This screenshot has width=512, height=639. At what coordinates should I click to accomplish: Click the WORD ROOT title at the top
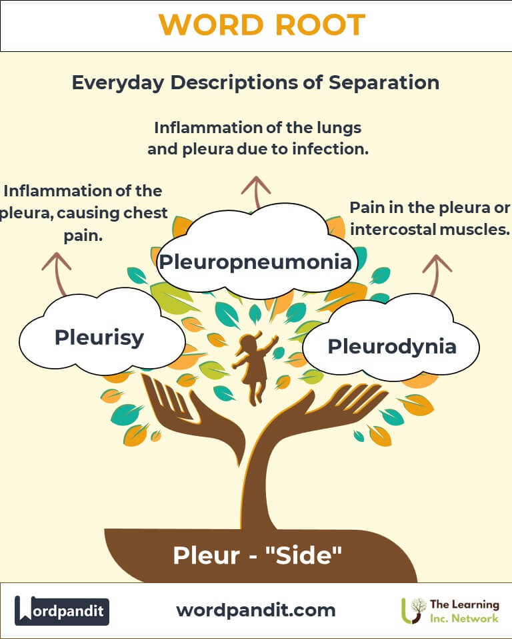click(x=261, y=25)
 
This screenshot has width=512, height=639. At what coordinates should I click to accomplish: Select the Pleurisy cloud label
click(x=99, y=337)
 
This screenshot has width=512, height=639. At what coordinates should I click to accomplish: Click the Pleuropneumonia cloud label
click(x=255, y=261)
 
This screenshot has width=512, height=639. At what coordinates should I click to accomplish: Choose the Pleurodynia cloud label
click(x=392, y=346)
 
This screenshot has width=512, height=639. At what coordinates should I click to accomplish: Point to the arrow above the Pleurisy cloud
click(x=57, y=273)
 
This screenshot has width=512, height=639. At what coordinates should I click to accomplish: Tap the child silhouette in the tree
click(x=253, y=367)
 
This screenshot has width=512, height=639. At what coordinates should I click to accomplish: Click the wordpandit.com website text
click(x=255, y=610)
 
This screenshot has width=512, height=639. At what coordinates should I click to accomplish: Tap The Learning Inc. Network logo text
click(x=464, y=610)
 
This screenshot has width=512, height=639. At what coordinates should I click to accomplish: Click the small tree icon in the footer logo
click(x=417, y=607)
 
